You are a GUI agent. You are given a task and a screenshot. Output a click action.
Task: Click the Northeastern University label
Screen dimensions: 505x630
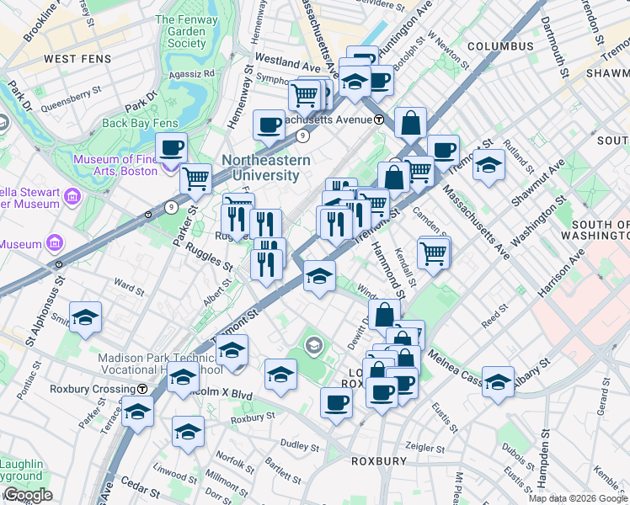tap(266, 167)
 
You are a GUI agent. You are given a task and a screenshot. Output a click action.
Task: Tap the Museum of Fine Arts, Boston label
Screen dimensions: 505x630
tap(115, 165)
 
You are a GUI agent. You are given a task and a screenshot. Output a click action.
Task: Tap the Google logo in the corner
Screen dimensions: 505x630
tap(27, 496)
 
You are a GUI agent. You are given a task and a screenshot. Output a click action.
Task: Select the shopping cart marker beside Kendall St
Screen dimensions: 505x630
tap(434, 252)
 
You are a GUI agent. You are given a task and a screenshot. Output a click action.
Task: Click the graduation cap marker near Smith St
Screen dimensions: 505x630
tap(86, 317)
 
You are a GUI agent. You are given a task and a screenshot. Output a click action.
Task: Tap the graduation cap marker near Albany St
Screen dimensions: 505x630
tap(499, 380)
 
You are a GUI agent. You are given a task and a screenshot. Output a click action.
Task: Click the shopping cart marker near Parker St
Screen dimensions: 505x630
tap(195, 178)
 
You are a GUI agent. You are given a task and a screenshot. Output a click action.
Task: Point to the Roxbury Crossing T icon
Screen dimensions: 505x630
tap(143, 389)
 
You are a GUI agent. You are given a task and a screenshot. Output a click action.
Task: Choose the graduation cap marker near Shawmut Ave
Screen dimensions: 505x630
tap(488, 165)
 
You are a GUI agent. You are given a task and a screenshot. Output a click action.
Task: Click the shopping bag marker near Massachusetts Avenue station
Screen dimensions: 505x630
tap(409, 123)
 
